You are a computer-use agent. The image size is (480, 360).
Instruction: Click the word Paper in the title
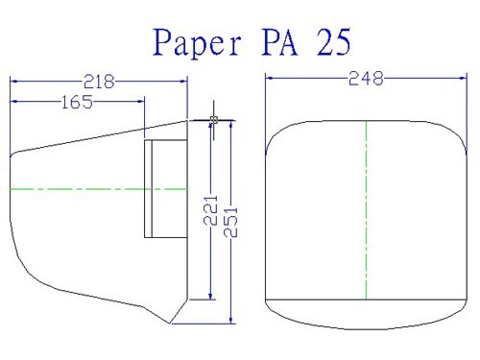click(197, 43)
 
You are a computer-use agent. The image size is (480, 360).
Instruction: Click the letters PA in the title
click(280, 42)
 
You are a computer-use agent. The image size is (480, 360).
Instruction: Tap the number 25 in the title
click(334, 42)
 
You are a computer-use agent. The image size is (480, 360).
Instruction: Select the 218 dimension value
click(99, 82)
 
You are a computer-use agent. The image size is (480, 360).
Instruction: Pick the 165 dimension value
click(77, 102)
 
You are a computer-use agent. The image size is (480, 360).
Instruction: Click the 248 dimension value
click(366, 79)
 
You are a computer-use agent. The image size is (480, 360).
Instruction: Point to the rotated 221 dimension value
click(210, 210)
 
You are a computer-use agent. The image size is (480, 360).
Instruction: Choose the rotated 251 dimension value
click(230, 222)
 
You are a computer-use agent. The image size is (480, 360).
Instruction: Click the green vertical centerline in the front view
click(366, 210)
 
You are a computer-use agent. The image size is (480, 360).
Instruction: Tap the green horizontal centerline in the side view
click(99, 189)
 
